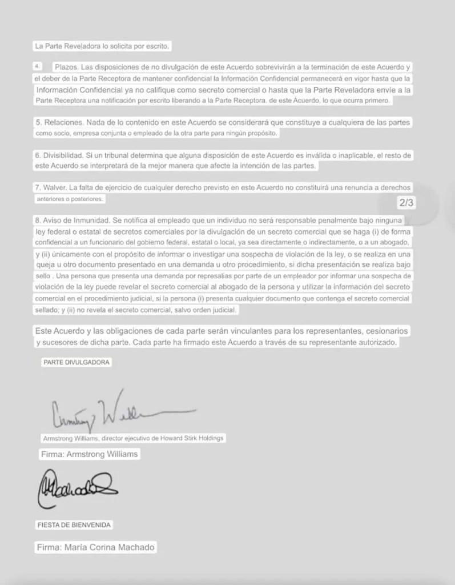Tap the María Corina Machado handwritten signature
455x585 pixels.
coord(78,487)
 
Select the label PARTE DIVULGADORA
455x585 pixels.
coord(76,362)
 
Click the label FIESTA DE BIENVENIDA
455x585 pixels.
coord(74,524)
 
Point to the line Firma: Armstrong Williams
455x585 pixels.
coord(89,455)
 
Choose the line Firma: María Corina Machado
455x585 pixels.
coord(95,547)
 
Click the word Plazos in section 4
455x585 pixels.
coord(67,67)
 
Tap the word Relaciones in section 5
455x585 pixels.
coord(63,122)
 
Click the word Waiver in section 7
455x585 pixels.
coord(57,187)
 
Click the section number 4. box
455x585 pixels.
coord(38,66)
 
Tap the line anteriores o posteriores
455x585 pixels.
coord(71,199)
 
